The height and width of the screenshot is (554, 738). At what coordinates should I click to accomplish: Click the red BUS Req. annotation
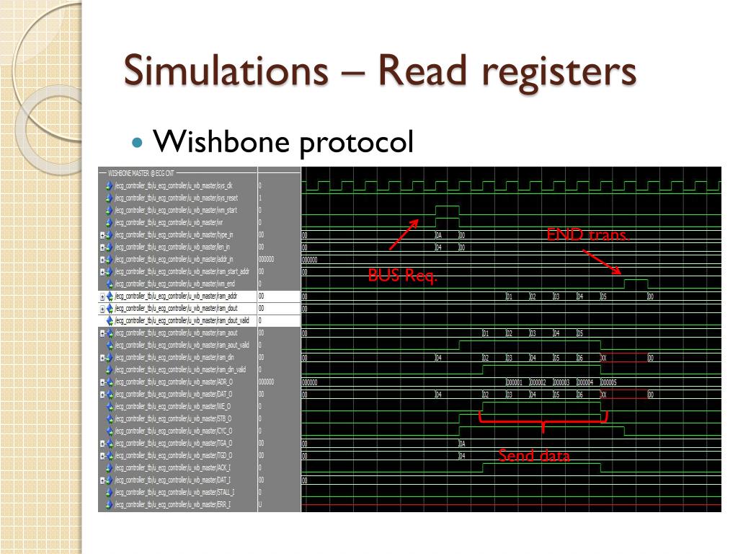pyautogui.click(x=402, y=276)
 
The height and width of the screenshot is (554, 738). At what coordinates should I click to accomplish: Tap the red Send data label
pyautogui.click(x=534, y=456)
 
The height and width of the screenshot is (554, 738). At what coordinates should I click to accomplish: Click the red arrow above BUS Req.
pyautogui.click(x=404, y=234)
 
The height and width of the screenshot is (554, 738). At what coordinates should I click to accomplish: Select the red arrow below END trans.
pyautogui.click(x=602, y=262)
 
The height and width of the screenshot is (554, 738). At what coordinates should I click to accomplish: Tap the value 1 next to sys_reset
pyautogui.click(x=260, y=198)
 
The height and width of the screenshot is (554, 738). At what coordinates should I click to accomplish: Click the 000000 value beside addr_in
pyautogui.click(x=266, y=259)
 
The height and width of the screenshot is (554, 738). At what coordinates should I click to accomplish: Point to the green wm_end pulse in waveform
pyautogui.click(x=635, y=281)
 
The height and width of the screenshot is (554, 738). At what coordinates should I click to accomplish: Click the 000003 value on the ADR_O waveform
pyautogui.click(x=561, y=382)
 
